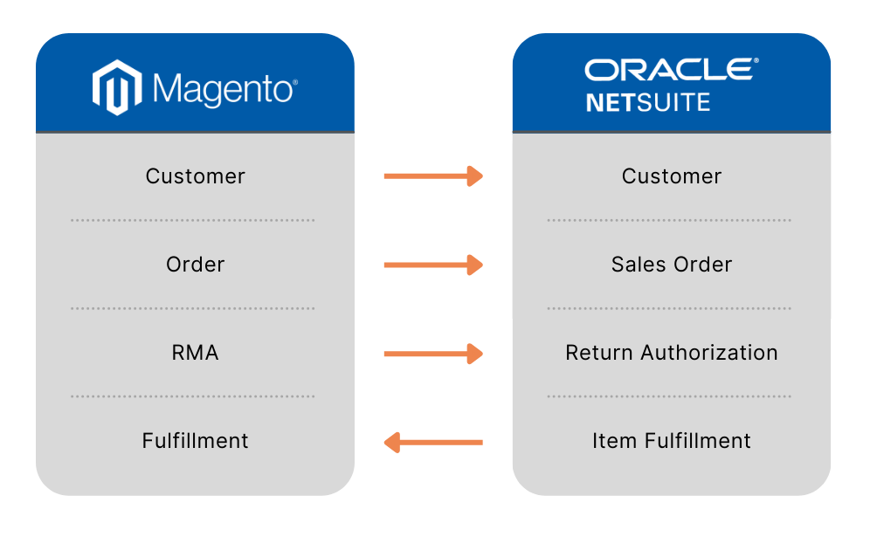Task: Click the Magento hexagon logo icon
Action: (117, 88)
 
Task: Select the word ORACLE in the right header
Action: (671, 70)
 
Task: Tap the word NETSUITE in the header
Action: (648, 103)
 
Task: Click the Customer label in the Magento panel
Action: (196, 176)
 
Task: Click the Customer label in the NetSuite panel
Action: (672, 176)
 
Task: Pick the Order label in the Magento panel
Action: (196, 265)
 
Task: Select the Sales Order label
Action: (672, 265)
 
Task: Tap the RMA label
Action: (196, 353)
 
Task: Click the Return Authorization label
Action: (672, 353)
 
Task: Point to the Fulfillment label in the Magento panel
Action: (196, 441)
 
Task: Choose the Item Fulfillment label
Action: (672, 441)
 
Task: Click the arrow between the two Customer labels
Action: (433, 176)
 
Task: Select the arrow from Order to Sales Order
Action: (433, 265)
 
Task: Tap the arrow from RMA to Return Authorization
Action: (433, 354)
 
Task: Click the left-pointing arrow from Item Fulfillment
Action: (433, 443)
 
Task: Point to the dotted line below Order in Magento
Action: (193, 308)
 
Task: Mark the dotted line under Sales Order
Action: (669, 308)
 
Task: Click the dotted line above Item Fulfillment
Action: (669, 396)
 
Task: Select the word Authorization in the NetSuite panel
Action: (709, 353)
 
